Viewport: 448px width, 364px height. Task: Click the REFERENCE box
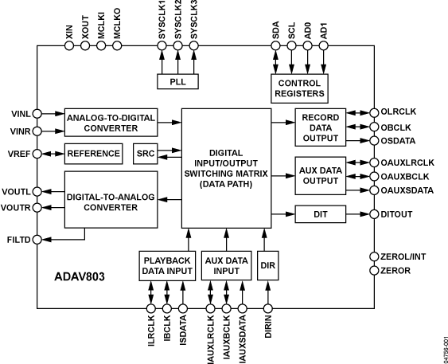tap(93, 153)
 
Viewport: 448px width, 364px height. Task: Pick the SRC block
tap(145, 153)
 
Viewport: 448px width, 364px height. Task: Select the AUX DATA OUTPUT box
tap(320, 176)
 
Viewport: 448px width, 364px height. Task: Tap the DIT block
tap(320, 214)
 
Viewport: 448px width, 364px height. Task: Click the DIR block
tap(267, 264)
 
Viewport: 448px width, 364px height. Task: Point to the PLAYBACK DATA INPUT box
tap(166, 264)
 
